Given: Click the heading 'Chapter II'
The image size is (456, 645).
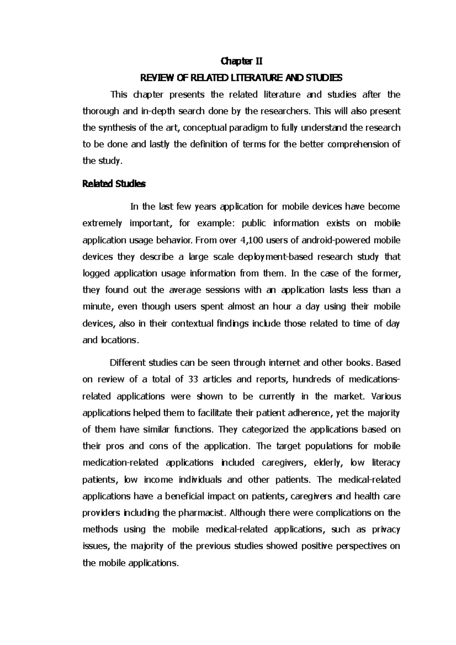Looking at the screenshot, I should click(x=242, y=61).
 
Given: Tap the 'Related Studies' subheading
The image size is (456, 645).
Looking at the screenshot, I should click(x=114, y=184).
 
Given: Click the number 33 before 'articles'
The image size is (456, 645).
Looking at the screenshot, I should click(x=192, y=379).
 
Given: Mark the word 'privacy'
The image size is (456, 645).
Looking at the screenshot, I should click(x=386, y=530).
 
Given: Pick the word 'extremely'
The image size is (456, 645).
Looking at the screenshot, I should click(x=102, y=223).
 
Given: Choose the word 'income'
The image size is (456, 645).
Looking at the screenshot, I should click(x=158, y=480).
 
